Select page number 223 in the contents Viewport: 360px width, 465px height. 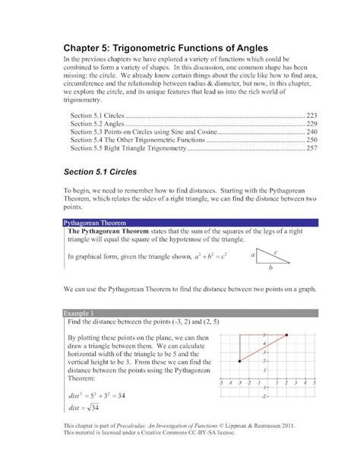[x=311, y=114]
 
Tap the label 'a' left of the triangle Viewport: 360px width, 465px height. [x=249, y=257]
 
